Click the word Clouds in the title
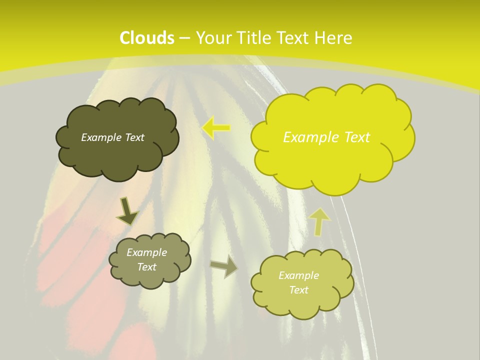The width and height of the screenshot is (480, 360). [147, 38]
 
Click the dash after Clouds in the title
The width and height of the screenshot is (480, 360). [184, 38]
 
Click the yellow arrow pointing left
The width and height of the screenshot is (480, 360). [216, 128]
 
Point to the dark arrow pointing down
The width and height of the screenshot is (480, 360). [127, 211]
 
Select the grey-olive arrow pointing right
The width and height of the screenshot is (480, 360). [224, 266]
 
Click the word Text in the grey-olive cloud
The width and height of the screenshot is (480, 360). [147, 267]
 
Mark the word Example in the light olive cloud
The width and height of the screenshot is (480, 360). [298, 275]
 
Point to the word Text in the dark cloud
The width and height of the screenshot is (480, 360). [134, 137]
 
